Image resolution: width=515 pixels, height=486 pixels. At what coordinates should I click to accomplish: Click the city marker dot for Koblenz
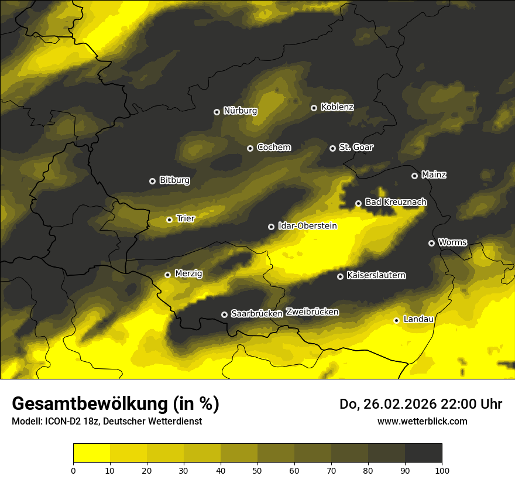[314, 108]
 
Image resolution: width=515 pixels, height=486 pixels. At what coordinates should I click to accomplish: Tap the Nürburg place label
[240, 111]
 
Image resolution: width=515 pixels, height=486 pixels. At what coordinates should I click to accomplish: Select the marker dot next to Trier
[169, 220]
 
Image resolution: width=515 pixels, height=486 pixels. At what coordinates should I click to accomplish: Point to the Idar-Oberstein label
[307, 226]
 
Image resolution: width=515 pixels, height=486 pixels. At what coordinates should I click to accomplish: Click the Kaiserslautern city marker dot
[340, 276]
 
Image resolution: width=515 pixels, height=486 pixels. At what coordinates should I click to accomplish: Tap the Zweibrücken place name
[312, 312]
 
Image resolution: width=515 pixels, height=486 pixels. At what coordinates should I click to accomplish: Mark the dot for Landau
[396, 320]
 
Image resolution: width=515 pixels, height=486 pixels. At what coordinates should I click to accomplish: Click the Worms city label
[452, 242]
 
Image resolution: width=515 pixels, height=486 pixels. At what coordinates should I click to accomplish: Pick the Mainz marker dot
[414, 176]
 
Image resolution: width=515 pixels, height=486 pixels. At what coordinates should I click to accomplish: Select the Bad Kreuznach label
[396, 202]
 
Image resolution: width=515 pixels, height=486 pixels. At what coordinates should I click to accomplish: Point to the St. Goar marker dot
[332, 148]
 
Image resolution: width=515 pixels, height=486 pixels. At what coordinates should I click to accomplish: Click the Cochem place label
[273, 148]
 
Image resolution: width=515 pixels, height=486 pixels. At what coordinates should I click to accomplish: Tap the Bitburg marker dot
[152, 181]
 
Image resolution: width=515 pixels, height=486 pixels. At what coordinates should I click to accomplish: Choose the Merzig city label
[188, 273]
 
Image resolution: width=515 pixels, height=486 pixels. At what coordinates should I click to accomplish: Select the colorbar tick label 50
[257, 470]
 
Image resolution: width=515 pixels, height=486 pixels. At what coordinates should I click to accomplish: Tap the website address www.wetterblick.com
[422, 421]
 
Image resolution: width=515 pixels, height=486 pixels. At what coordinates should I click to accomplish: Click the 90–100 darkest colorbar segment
[423, 453]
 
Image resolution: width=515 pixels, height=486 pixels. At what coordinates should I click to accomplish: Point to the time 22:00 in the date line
[456, 404]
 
